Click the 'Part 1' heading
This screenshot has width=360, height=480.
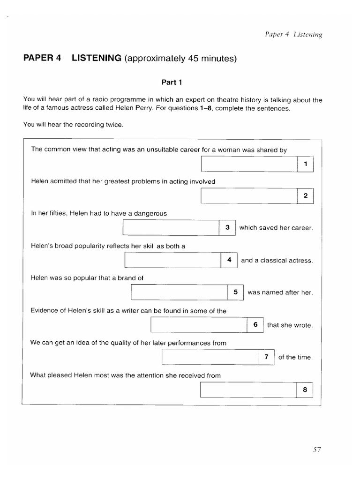tap(172, 82)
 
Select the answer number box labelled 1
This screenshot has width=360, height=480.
tap(305, 164)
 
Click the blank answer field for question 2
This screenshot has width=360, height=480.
tap(249, 196)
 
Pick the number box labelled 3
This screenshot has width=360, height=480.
tap(227, 228)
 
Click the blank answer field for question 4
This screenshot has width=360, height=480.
tap(172, 260)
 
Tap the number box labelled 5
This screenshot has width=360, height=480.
tap(235, 292)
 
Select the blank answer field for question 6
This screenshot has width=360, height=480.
tap(199, 324)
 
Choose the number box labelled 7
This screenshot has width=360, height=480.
tap(266, 357)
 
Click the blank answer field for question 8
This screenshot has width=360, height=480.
tap(248, 390)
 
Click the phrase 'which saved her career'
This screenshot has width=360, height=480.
tap(276, 228)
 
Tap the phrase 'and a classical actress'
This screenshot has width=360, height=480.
tap(277, 261)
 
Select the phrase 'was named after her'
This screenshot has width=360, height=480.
tap(280, 292)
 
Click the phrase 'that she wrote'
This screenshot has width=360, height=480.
tap(289, 325)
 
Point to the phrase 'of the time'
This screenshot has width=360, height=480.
tap(295, 357)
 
